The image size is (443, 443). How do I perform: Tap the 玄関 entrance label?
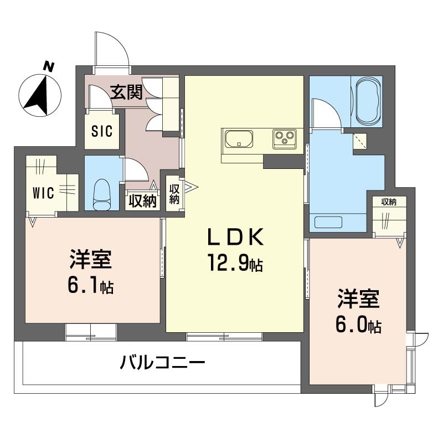click(x=126, y=92)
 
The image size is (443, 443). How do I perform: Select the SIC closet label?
click(x=101, y=131)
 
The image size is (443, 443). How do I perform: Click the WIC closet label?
click(x=43, y=193)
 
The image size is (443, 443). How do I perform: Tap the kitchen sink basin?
click(x=238, y=138)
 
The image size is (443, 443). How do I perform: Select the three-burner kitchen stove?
click(x=284, y=138)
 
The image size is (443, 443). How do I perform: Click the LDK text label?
click(x=234, y=238)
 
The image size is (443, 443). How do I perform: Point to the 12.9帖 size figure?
click(x=235, y=262)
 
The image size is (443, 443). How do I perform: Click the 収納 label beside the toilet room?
click(x=142, y=201)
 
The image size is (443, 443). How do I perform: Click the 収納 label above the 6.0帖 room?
click(x=388, y=202)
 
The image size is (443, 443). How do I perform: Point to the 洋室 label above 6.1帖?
click(x=91, y=260)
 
